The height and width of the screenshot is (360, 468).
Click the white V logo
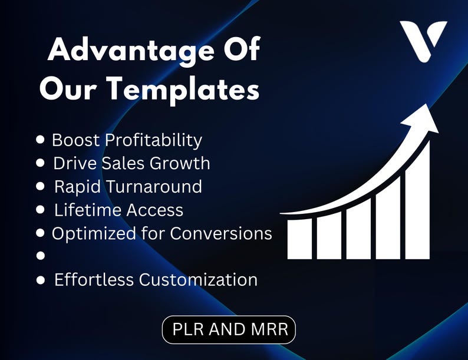coord(423,40)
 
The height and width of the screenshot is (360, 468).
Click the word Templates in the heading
coord(180,90)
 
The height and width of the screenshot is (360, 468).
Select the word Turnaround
coord(155,186)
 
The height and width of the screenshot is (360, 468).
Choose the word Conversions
coord(221,233)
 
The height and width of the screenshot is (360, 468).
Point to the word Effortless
coord(94,279)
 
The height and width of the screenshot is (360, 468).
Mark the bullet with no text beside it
coord(41,256)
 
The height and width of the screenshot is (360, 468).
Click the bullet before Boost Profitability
coord(41,140)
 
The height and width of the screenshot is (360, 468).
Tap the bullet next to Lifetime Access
coord(41,209)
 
